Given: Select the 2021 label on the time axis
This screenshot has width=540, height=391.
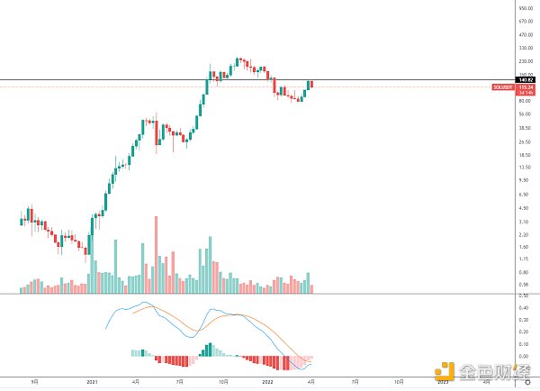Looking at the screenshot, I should point(92,382).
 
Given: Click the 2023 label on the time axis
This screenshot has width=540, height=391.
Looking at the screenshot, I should point(442,382).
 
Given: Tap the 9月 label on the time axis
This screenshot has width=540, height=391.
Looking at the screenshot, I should point(33,382).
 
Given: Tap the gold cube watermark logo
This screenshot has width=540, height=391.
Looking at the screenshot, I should point(444,368).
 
